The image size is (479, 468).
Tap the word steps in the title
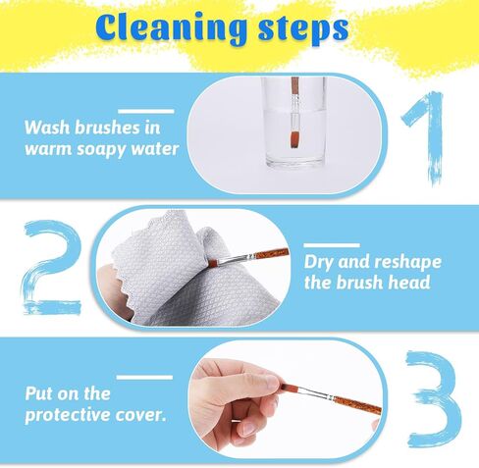point(303,30)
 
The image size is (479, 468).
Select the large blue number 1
point(425,138)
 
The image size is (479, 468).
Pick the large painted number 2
point(51,268)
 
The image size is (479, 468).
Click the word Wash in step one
point(47,128)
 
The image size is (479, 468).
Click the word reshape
point(407,262)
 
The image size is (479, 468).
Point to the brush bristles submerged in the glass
point(295,139)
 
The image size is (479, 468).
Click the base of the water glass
point(295,162)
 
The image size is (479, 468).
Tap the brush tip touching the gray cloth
point(212,262)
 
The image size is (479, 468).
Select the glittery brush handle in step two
point(272,253)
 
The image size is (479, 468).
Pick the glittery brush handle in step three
point(357,404)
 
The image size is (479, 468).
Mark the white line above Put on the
point(144,378)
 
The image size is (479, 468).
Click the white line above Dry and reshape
point(332,245)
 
